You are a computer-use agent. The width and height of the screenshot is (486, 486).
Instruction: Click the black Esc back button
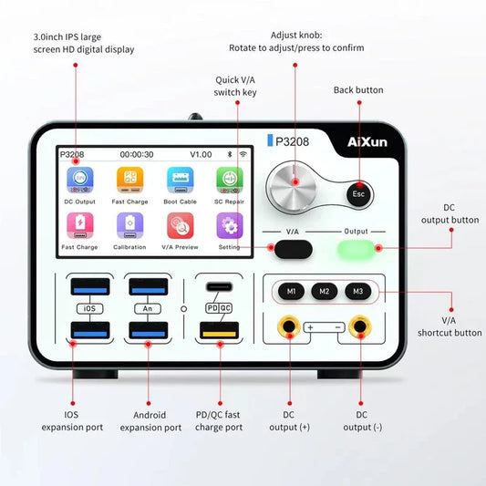(358, 194)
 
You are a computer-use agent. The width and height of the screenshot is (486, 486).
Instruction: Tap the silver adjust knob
(291, 188)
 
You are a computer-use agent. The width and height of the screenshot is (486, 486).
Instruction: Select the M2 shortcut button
(325, 292)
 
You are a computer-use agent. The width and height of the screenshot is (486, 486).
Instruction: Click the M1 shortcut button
(291, 292)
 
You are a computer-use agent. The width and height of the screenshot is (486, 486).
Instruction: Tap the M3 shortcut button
(358, 292)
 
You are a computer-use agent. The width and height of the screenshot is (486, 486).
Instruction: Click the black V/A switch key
(294, 249)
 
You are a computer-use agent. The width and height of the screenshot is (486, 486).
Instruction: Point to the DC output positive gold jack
(289, 326)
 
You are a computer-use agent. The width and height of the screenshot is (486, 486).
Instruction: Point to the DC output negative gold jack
(360, 326)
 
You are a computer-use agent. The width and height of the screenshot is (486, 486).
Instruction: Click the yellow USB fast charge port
(219, 331)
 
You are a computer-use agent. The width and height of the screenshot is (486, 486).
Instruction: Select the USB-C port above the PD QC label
(219, 286)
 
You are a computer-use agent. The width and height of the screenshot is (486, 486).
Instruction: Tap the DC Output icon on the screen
(80, 180)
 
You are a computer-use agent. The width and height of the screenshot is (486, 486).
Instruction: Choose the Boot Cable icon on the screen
(180, 180)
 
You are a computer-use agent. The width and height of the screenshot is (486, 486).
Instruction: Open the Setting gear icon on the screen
(230, 225)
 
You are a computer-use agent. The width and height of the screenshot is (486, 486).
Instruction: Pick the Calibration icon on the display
(129, 225)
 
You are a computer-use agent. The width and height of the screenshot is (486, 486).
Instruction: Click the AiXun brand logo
(367, 142)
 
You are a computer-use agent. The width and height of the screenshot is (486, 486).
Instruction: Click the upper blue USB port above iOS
(90, 286)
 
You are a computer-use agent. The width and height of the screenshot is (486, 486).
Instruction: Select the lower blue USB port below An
(149, 330)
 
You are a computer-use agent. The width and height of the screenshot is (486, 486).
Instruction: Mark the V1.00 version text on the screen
(201, 154)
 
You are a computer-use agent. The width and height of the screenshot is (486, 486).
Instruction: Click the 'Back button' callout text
(358, 90)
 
